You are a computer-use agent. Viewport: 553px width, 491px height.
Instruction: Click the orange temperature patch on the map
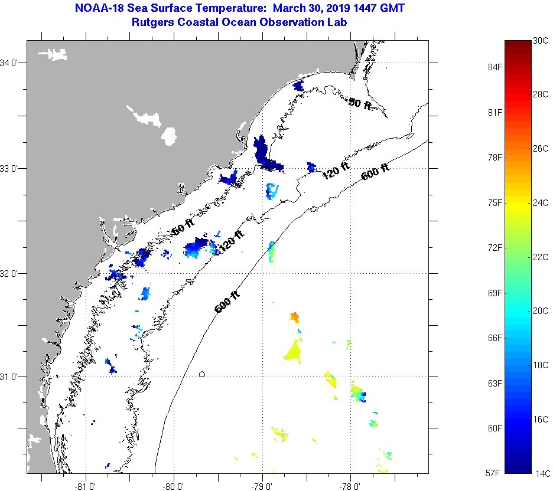pyautogui.click(x=294, y=317)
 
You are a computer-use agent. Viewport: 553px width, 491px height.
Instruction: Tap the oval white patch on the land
pyautogui.click(x=170, y=136)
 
